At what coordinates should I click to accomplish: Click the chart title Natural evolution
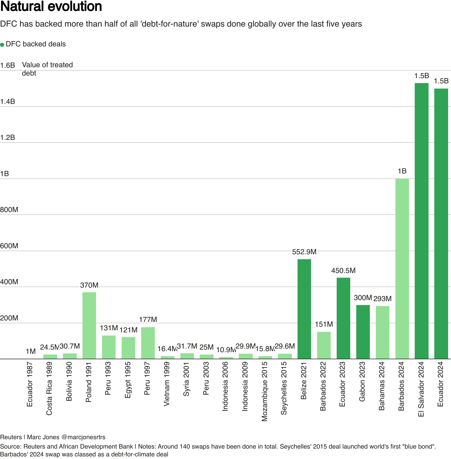[51, 7]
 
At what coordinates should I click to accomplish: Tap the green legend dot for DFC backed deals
[2, 45]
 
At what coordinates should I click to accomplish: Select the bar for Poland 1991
[89, 325]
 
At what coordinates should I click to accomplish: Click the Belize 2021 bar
[304, 309]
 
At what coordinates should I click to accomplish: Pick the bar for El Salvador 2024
[422, 221]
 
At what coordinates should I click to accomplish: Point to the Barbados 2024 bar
[402, 269]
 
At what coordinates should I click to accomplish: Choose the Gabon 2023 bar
[363, 332]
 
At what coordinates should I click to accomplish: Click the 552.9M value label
[304, 252]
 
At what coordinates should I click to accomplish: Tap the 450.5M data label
[343, 271]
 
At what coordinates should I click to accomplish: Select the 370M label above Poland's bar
[89, 285]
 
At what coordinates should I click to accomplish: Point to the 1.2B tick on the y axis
[8, 138]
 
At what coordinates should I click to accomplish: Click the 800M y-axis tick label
[9, 210]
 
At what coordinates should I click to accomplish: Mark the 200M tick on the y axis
[9, 318]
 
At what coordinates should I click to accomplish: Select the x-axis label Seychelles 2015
[284, 388]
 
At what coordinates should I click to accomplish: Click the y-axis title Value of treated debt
[47, 69]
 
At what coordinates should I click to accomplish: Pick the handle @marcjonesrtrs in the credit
[83, 437]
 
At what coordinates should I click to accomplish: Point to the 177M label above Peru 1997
[148, 320]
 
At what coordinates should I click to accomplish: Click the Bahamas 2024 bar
[383, 332]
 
